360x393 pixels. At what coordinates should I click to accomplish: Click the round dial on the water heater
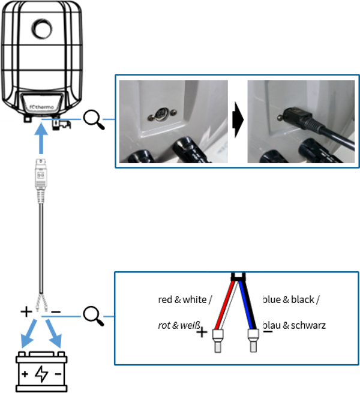[42, 29]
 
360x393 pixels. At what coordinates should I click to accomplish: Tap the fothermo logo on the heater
[41, 107]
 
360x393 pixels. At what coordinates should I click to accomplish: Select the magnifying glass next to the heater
[94, 120]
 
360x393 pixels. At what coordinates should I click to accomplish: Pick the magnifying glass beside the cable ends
[94, 316]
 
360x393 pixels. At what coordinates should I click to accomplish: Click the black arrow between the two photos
[238, 120]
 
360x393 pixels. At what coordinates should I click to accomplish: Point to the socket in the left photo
[161, 115]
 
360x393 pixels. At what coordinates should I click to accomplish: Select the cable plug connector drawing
[41, 181]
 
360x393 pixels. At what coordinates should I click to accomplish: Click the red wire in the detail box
[224, 305]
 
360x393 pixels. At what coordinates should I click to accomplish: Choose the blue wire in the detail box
[245, 305]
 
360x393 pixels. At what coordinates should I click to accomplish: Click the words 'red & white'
[182, 299]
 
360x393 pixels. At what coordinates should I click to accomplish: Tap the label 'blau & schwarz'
[295, 325]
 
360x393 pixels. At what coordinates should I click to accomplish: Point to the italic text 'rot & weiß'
[179, 325]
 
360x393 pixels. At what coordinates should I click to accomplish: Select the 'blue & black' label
[289, 299]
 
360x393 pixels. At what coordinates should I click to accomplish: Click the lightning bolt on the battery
[41, 374]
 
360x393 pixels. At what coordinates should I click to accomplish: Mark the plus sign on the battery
[25, 374]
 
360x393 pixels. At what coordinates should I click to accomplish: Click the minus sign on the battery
[58, 374]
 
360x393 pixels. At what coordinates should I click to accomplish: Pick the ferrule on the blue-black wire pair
[253, 340]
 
